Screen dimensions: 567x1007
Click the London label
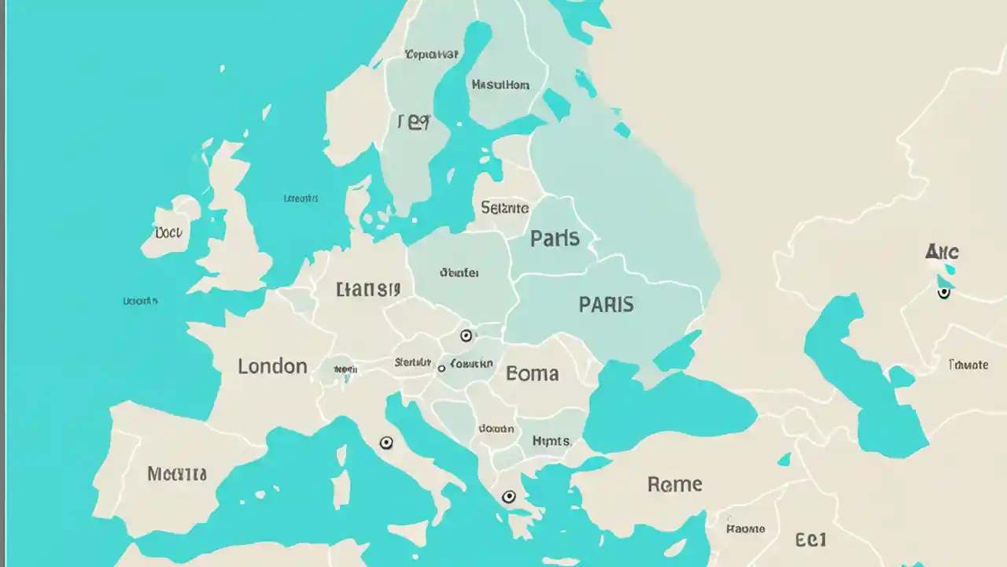click(272, 366)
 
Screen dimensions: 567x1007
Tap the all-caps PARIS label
click(606, 305)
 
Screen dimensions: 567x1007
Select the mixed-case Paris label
click(555, 239)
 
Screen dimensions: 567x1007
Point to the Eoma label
click(533, 373)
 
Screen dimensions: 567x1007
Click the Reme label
click(674, 484)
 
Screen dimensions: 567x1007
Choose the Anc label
click(942, 252)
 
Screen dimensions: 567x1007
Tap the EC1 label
click(810, 540)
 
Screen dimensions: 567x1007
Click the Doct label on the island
click(168, 233)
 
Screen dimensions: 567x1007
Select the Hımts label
click(551, 441)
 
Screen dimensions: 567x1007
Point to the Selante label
click(504, 209)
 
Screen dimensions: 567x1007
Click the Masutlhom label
click(500, 85)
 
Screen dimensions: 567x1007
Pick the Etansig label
click(368, 289)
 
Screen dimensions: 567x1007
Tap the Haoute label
click(745, 528)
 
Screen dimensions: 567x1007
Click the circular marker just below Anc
click(944, 293)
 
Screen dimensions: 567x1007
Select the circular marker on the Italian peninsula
click(386, 443)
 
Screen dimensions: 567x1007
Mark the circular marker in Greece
click(509, 497)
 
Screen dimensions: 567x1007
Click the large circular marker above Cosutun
click(467, 336)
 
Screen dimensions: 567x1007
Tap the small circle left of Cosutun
click(441, 368)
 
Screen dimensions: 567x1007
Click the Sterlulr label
click(413, 363)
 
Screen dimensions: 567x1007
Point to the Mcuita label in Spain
click(177, 474)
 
